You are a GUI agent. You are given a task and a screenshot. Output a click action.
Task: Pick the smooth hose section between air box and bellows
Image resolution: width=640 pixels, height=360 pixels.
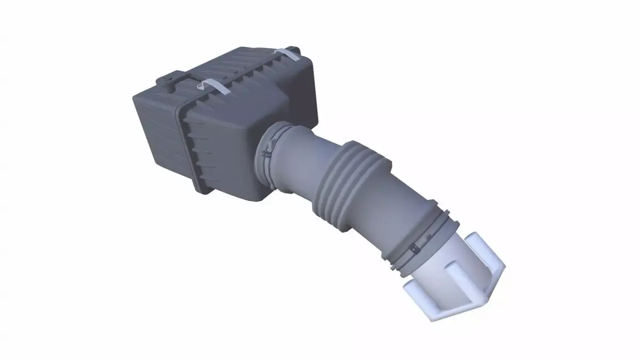click(x=301, y=163)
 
